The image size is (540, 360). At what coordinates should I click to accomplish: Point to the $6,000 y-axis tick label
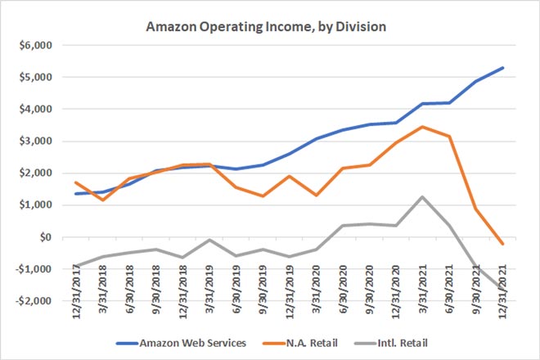[34, 45]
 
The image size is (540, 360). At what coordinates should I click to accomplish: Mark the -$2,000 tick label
[31, 301]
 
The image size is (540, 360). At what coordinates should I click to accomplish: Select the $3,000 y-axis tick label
[34, 141]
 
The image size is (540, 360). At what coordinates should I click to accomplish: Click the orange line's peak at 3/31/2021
[421, 127]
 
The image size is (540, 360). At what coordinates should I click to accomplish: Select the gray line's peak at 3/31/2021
[421, 196]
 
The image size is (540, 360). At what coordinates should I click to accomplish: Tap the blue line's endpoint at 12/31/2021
[502, 67]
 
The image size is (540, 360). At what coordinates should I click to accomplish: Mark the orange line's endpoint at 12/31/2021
[502, 244]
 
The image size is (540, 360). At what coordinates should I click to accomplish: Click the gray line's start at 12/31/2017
[75, 266]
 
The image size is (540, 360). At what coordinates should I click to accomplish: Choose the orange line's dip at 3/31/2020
[315, 196]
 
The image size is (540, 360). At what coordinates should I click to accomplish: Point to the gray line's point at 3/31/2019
[209, 240]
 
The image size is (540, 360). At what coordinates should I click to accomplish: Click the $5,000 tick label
[34, 77]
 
